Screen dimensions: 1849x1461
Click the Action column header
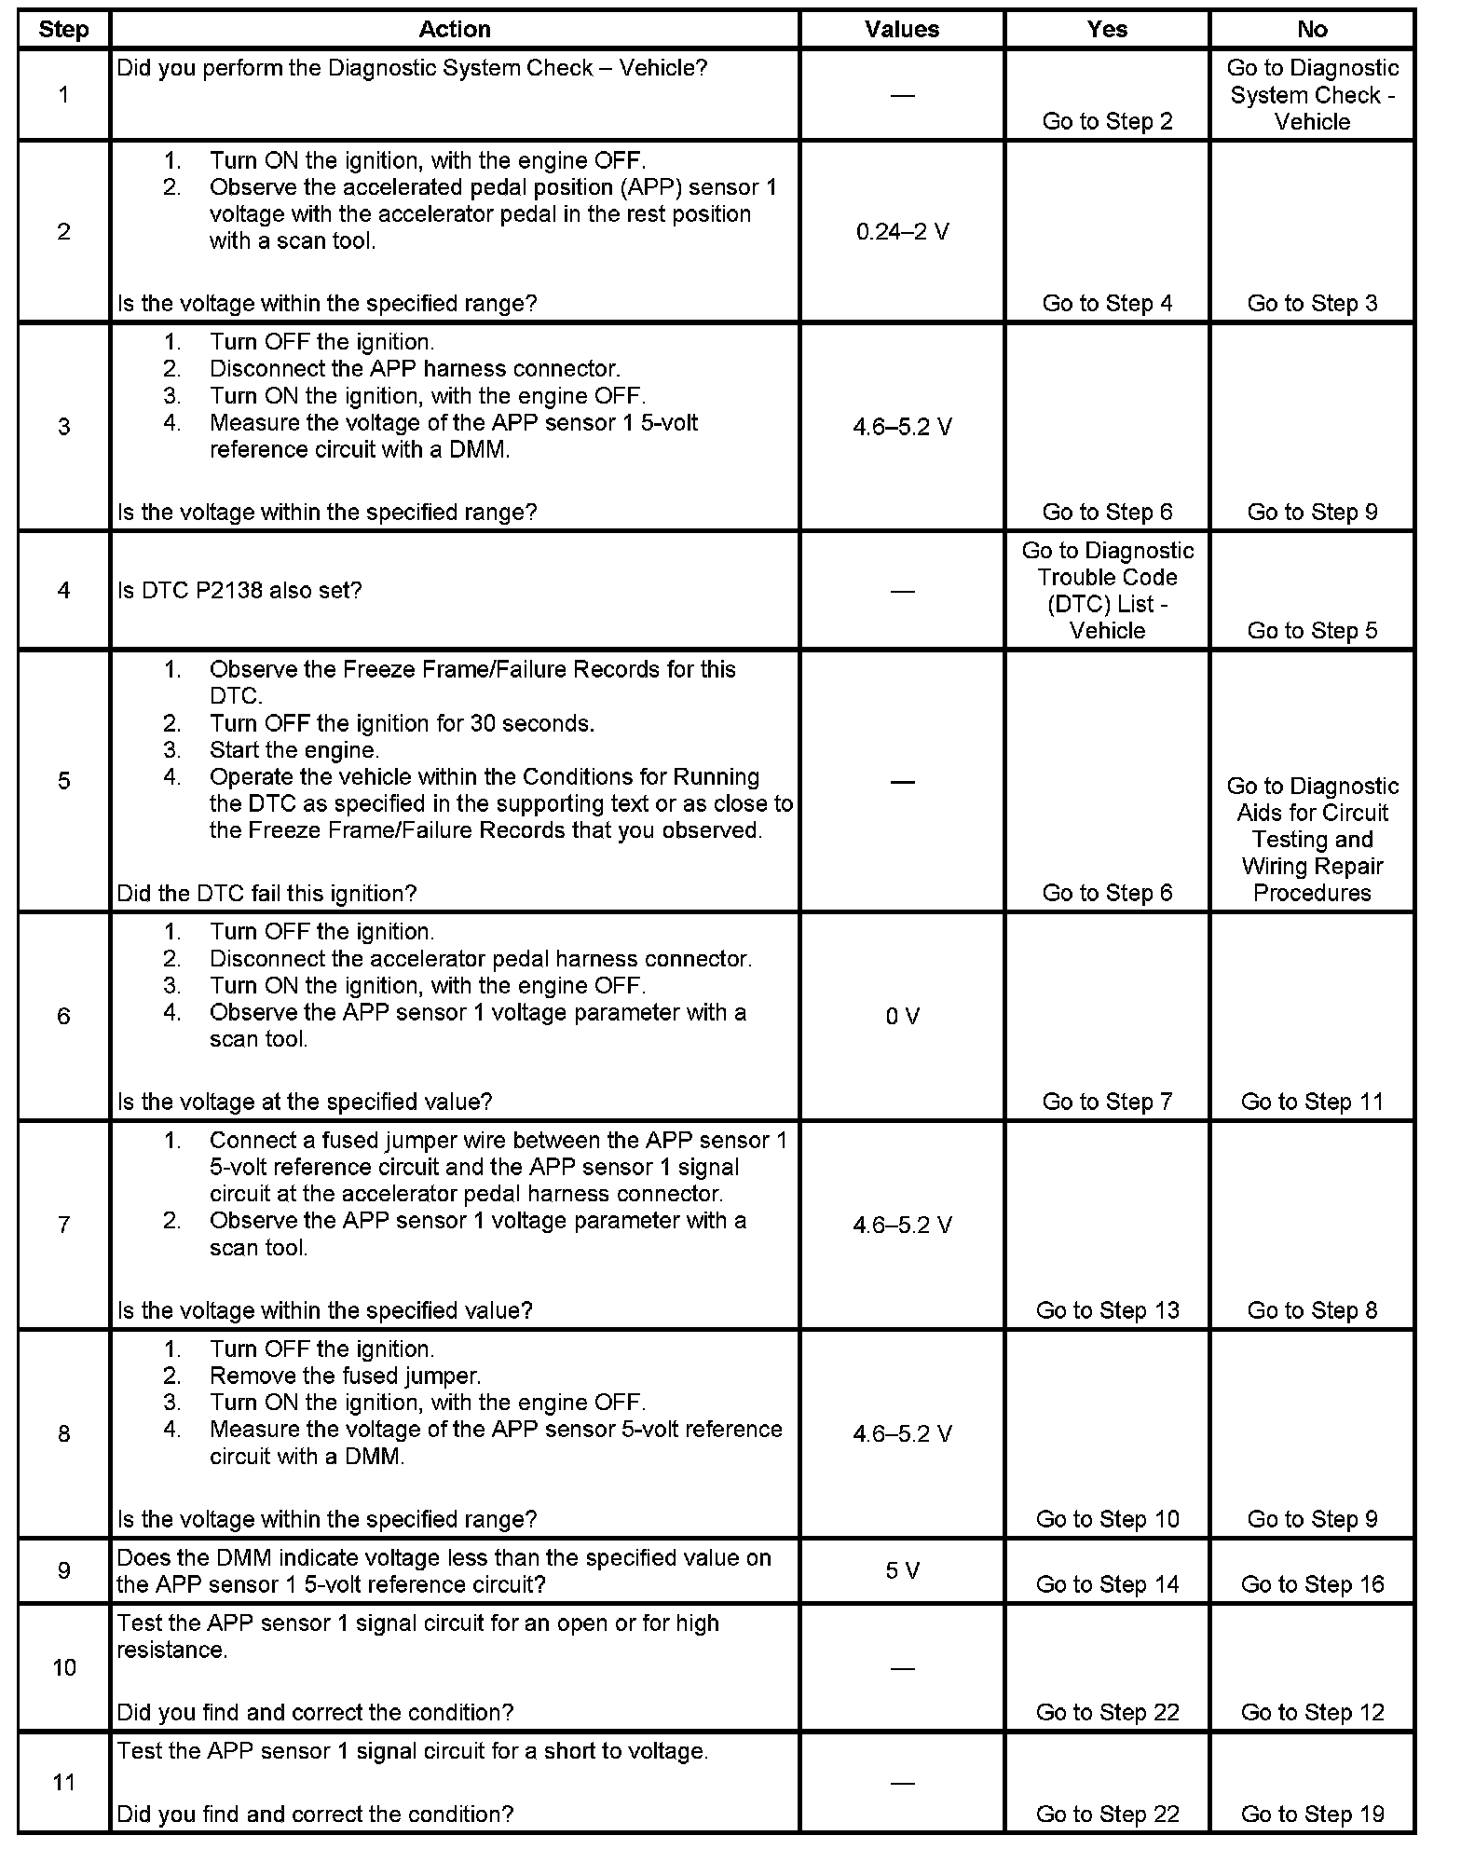(x=455, y=30)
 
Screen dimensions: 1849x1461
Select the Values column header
(x=902, y=30)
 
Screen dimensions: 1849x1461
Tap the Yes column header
(x=1107, y=30)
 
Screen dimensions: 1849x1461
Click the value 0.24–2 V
(x=902, y=231)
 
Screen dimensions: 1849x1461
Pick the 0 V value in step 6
(x=902, y=1016)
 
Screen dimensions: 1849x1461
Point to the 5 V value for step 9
(x=902, y=1570)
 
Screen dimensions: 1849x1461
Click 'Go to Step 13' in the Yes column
(x=1107, y=1310)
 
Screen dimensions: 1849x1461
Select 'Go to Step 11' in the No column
(x=1312, y=1102)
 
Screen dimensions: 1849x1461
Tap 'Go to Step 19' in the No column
(x=1312, y=1814)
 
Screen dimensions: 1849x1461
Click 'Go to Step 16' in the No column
(x=1312, y=1584)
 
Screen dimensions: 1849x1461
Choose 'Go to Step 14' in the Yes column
(x=1107, y=1584)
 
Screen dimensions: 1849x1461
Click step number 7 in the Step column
(x=63, y=1225)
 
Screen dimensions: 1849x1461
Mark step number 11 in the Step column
(x=63, y=1782)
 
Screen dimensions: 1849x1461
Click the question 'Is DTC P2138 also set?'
(x=239, y=590)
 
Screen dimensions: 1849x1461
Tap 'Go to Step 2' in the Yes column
(x=1107, y=121)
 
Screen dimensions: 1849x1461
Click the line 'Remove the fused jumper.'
(x=345, y=1376)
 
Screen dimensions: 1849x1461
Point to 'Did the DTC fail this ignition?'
(x=266, y=893)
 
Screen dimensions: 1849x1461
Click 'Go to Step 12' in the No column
(x=1312, y=1712)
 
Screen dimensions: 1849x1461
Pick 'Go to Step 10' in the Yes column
(x=1107, y=1519)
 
